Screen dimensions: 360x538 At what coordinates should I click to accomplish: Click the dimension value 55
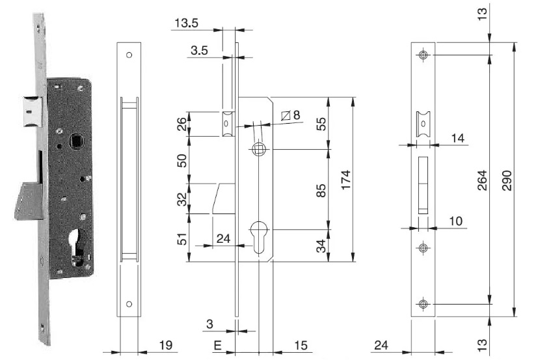coord(320,124)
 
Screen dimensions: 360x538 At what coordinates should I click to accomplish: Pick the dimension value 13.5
coord(186,24)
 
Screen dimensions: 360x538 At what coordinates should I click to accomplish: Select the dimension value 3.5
coord(201,49)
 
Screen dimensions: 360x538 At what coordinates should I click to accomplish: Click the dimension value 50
coord(183,159)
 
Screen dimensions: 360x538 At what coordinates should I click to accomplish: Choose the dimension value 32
coord(183,199)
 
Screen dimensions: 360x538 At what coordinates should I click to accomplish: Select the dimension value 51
coord(183,238)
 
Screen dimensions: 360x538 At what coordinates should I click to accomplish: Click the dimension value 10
coord(455,221)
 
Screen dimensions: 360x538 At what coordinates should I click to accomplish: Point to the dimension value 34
coord(320,246)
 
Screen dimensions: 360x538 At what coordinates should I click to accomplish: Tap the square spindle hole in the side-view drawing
coord(259,149)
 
